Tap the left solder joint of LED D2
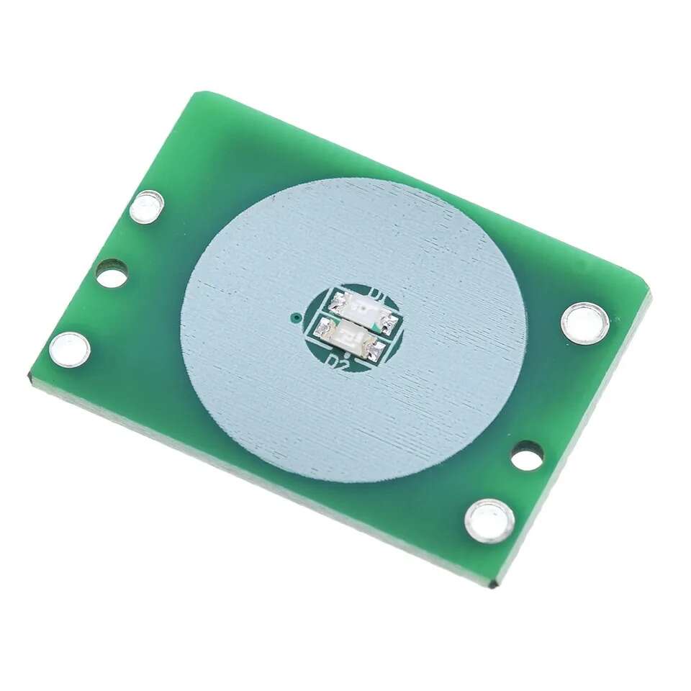pos(322,327)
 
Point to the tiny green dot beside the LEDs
pos(294,316)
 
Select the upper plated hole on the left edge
pos(148,207)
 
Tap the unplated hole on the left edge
pos(112,274)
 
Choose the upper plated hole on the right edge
pos(584,322)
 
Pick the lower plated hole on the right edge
pos(489,519)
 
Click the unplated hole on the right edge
pos(528,455)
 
